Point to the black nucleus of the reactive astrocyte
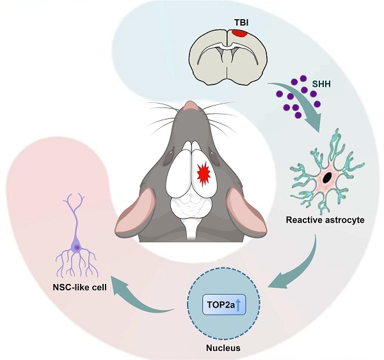pos(328,176)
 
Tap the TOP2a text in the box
pos(218,305)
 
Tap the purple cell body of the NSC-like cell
pos(77,247)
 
